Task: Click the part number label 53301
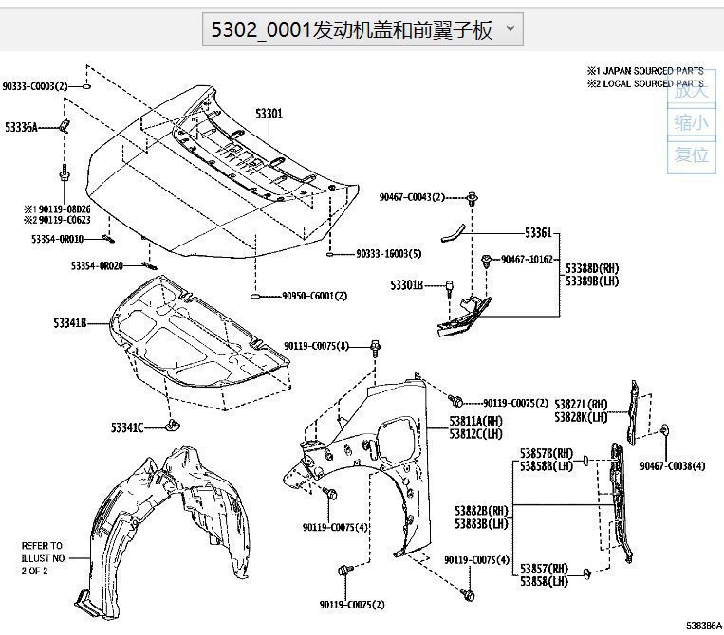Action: (269, 114)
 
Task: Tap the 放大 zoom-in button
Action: (691, 91)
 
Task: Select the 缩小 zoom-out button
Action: (691, 122)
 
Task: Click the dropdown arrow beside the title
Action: (510, 28)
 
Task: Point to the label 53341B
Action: (70, 323)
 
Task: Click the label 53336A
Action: (21, 127)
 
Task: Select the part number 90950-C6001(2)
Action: (314, 296)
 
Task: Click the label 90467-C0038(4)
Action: (672, 465)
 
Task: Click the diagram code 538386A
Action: (703, 626)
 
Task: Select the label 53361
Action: (538, 232)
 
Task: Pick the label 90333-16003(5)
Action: (388, 254)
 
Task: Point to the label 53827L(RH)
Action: (581, 404)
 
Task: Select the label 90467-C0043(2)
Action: (412, 197)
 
